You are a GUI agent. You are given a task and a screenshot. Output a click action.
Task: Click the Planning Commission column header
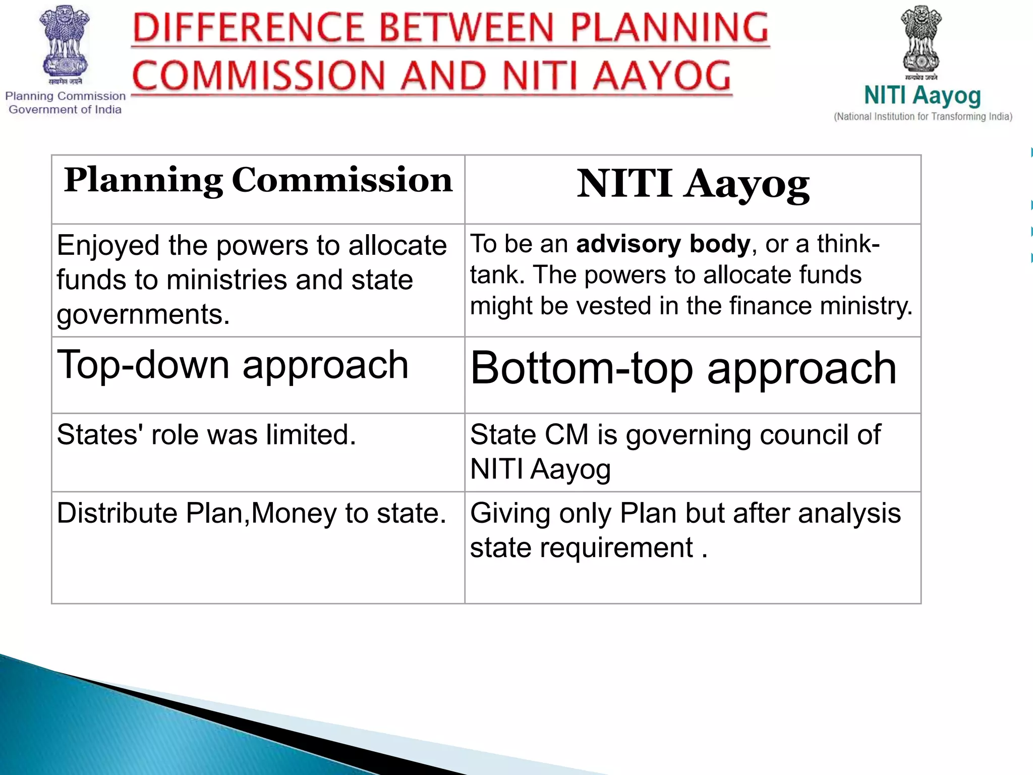258,181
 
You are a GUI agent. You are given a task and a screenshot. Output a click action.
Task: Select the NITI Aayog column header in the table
693,184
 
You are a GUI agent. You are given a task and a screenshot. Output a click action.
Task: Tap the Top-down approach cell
233,364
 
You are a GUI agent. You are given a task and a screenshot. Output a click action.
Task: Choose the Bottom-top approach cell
683,368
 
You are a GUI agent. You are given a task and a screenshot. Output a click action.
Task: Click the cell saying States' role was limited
206,434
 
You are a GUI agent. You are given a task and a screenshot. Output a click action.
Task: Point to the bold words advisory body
663,244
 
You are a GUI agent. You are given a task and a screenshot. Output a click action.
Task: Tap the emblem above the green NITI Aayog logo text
921,39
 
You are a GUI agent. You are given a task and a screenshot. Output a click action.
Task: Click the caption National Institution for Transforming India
923,117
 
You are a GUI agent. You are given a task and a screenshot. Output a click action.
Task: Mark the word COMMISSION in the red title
258,76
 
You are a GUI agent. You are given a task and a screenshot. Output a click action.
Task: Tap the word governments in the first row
143,315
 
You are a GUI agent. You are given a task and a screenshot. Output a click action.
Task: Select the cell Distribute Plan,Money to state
251,513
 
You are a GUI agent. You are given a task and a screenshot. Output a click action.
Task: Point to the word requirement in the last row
616,548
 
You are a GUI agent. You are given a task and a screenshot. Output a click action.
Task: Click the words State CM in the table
529,435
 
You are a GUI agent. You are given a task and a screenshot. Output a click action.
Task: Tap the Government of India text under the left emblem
65,109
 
